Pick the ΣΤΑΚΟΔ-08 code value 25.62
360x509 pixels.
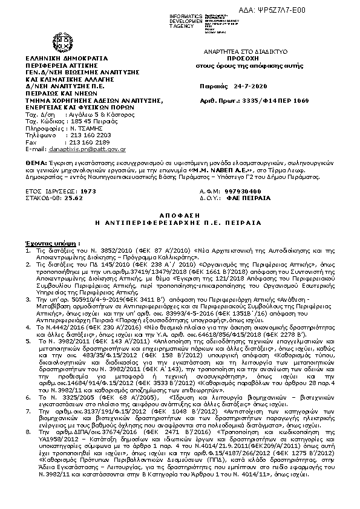75,196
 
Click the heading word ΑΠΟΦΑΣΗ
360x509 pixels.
180,214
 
